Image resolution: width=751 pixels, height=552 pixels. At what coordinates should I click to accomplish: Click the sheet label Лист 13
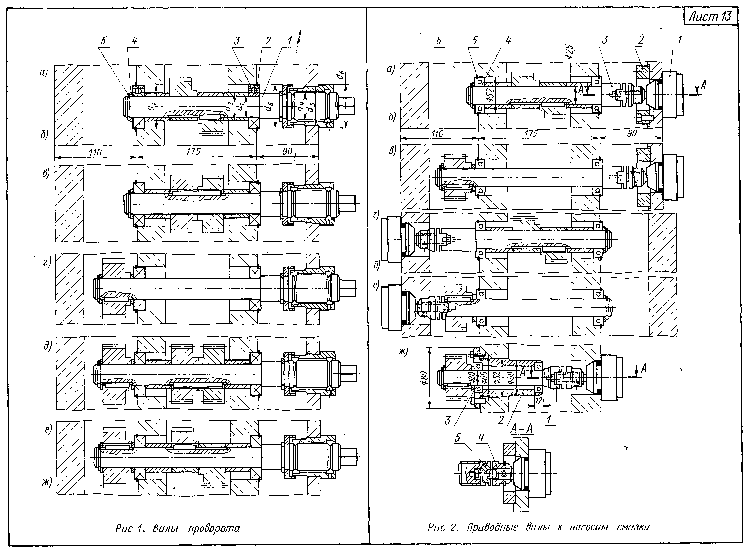[711, 17]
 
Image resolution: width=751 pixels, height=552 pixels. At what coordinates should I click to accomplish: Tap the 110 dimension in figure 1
[95, 152]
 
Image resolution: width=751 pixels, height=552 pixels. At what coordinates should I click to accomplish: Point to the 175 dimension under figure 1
[193, 151]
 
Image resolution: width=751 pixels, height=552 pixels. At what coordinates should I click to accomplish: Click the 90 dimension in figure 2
[631, 133]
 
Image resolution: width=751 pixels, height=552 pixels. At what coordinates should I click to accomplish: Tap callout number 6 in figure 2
[439, 41]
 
